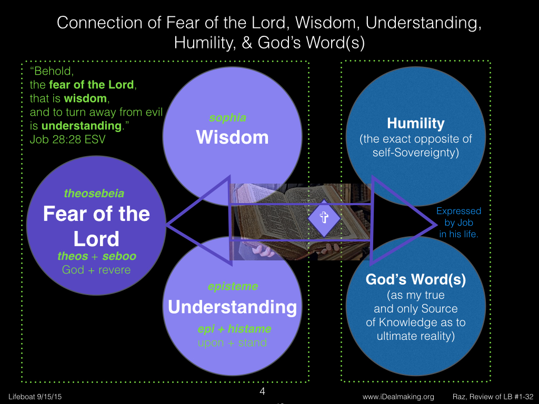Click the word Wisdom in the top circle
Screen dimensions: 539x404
232,137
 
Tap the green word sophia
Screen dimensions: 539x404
227,118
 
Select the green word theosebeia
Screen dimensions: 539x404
94,194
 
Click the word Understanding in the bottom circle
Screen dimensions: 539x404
232,307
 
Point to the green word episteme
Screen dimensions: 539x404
233,287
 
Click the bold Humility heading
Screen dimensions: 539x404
416,123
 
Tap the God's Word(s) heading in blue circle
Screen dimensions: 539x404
416,279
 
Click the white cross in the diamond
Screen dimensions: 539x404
324,217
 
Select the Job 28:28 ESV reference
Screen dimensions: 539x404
67,139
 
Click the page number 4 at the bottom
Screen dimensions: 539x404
262,391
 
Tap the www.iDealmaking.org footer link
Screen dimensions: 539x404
398,397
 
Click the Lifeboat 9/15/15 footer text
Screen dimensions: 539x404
35,397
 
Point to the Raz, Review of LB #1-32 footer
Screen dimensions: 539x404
493,397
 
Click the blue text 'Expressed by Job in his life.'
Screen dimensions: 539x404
458,223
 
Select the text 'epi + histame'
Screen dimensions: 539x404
234,329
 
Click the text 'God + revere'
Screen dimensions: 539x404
96,270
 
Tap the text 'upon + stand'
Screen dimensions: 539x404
232,342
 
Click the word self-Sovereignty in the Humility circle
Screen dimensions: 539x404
416,152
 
